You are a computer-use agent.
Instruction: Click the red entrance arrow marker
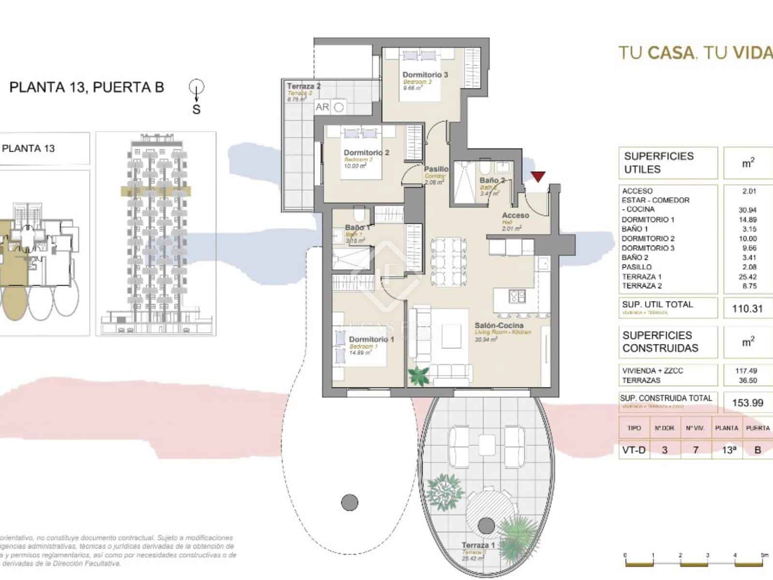538,177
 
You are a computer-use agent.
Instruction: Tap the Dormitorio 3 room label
425,75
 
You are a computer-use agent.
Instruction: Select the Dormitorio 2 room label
366,153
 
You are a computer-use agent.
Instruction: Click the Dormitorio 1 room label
371,339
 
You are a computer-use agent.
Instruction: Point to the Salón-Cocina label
499,325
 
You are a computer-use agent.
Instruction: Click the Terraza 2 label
303,87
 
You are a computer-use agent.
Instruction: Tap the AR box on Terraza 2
322,107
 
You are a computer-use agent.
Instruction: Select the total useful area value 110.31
747,308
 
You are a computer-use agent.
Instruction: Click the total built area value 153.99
747,403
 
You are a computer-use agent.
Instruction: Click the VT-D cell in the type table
634,450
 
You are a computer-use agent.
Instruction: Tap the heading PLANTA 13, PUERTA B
87,87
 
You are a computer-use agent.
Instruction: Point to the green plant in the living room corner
418,376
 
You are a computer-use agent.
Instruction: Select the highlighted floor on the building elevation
156,190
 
